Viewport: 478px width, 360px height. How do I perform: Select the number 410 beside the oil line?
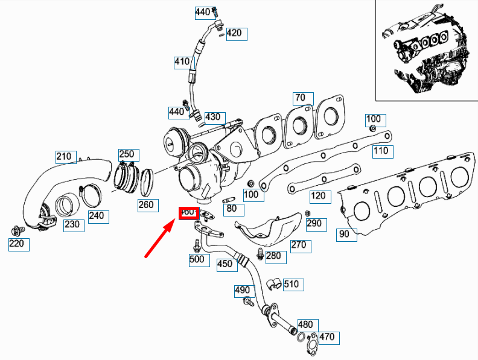click(x=182, y=62)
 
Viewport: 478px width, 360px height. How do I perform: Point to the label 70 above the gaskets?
click(x=300, y=98)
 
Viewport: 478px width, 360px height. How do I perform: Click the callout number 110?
click(x=380, y=151)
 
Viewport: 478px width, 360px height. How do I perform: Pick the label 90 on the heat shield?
click(x=344, y=234)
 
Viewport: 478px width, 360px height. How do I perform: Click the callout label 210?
click(x=64, y=157)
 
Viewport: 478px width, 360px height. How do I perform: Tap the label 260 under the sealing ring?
click(x=146, y=205)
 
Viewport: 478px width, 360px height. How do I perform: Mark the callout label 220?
click(x=18, y=244)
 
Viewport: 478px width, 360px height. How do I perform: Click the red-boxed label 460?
click(x=188, y=212)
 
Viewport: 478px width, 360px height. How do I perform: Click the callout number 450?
click(x=225, y=264)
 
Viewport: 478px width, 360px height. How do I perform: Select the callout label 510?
click(x=291, y=284)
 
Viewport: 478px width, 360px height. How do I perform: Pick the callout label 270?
click(x=299, y=245)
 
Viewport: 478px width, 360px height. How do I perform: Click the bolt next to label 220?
click(x=18, y=229)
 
